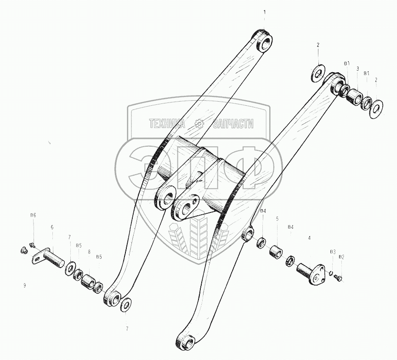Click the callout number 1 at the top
tap(264, 11)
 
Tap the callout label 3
tap(357, 69)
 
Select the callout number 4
tap(309, 238)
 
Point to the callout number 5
tap(277, 219)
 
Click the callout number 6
tap(52, 227)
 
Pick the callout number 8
tap(89, 251)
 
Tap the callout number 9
tap(24, 286)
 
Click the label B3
tap(333, 251)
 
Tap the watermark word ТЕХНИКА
tap(167, 123)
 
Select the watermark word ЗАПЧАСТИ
tap(233, 123)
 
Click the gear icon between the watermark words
tap(199, 123)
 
